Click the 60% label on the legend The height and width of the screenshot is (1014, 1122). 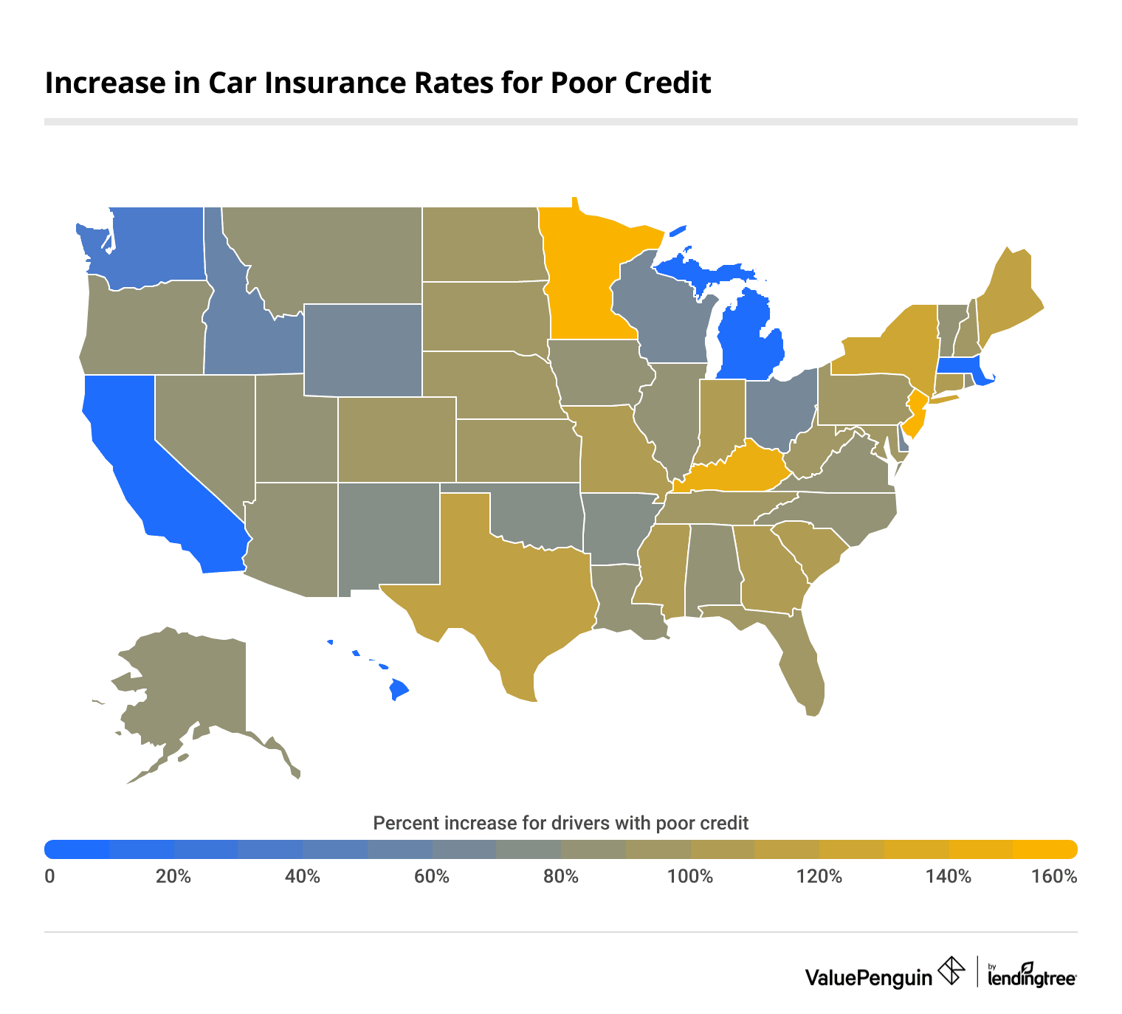432,877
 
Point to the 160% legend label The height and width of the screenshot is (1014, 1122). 1055,877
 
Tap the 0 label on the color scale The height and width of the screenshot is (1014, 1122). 49,877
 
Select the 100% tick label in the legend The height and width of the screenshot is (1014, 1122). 690,877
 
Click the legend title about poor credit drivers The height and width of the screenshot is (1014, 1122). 561,823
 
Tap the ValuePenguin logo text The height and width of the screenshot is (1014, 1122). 869,977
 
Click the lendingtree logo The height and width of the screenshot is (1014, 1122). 1031,976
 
